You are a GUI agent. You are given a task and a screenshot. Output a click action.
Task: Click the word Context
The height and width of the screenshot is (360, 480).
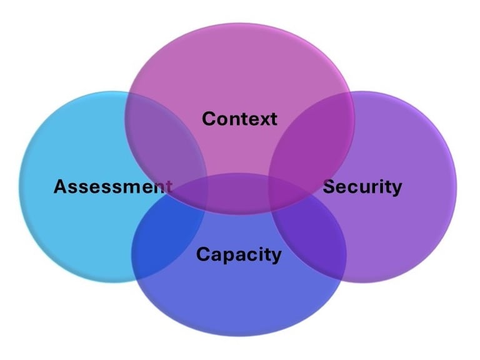pos(239,118)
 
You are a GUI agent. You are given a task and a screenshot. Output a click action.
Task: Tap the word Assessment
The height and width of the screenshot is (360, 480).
pos(112,186)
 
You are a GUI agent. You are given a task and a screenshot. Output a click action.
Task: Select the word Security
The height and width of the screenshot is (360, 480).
pos(362,186)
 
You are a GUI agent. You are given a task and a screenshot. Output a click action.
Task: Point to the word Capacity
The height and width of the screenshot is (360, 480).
pos(239,254)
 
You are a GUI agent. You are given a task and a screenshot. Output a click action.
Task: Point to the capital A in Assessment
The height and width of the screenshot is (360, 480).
pos(60,186)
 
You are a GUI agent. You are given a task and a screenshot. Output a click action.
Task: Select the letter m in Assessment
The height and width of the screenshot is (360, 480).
pos(132,187)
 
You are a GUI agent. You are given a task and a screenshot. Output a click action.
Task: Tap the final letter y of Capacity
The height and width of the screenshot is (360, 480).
pos(276,257)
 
